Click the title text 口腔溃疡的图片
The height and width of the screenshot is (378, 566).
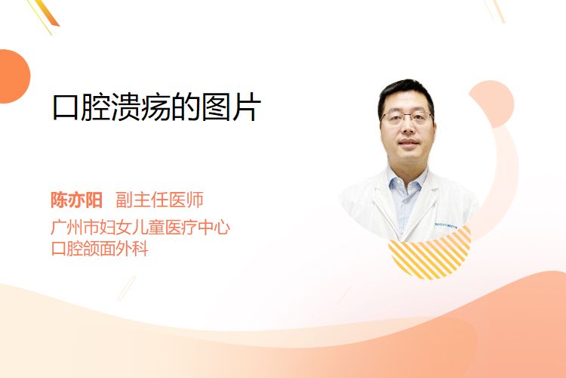point(156,107)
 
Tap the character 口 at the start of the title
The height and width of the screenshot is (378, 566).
point(66,108)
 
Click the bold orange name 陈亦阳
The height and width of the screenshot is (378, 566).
point(76,200)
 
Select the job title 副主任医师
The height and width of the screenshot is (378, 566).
point(159,200)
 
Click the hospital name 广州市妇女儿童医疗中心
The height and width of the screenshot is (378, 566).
point(140,227)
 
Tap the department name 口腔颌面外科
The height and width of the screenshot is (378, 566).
point(100,249)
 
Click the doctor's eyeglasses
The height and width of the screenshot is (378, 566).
point(407,117)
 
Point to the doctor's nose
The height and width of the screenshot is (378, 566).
point(408,126)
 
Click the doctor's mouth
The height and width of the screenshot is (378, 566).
point(408,142)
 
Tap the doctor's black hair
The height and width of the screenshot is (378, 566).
point(406,94)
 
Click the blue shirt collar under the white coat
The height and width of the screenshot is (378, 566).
point(406,181)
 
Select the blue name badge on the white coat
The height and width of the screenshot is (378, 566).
point(446,226)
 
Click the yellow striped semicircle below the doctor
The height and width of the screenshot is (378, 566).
point(430,255)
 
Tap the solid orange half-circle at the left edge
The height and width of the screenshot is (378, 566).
point(14,76)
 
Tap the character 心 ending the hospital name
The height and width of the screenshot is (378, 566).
point(221,227)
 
